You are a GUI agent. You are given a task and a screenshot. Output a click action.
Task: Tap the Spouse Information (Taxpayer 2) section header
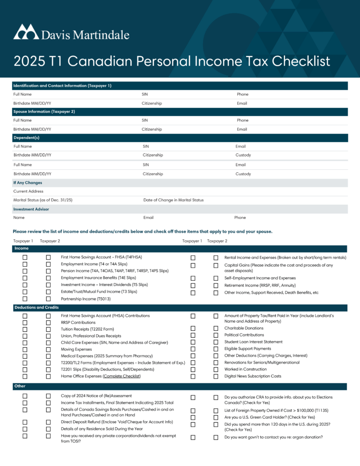[x=44, y=111]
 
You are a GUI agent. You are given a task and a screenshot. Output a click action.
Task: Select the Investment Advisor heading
[x=31, y=209]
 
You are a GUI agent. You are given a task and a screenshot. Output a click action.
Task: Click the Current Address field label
[x=28, y=192]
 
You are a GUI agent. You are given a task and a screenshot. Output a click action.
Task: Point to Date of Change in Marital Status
[x=173, y=200]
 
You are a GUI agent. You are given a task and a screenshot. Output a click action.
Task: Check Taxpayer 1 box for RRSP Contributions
[x=25, y=323]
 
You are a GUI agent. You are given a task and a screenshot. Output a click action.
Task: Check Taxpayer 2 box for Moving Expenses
[x=48, y=349]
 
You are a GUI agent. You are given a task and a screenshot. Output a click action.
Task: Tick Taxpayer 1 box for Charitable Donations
[x=193, y=329]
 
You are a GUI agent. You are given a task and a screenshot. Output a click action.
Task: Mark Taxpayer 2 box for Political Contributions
[x=216, y=335]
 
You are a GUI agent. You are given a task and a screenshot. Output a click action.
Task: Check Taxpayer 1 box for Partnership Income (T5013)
[x=25, y=299]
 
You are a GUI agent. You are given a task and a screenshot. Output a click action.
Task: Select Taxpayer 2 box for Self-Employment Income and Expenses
[x=216, y=279]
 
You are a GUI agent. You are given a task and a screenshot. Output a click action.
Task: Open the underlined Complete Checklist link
[x=122, y=376]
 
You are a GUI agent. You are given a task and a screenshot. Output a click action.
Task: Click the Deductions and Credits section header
[x=36, y=308]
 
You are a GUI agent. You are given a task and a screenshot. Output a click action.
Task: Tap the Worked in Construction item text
[x=245, y=370]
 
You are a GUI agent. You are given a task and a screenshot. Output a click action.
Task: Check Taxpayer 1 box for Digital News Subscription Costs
[x=193, y=376]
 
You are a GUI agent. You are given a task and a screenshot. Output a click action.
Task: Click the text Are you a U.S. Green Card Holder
[x=269, y=417]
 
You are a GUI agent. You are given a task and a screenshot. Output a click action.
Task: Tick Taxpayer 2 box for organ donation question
[x=216, y=438]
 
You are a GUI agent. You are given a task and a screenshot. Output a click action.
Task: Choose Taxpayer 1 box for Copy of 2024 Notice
[x=25, y=396]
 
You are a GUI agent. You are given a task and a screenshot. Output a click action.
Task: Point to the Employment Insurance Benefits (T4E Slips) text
[x=98, y=278]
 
